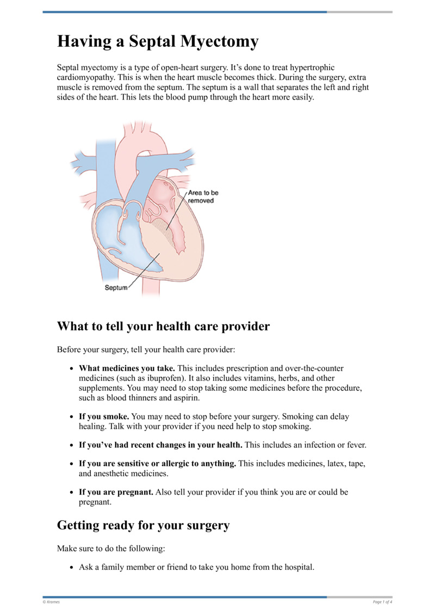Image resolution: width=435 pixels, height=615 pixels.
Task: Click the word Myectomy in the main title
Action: click(218, 42)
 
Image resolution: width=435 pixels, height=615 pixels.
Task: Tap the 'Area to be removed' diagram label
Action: click(203, 196)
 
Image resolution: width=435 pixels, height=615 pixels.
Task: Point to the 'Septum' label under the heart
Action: click(115, 288)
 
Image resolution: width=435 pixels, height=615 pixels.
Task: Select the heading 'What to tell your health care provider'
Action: click(163, 327)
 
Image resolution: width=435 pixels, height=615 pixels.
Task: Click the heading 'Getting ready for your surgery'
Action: click(144, 525)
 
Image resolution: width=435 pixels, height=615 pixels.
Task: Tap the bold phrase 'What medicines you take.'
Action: click(127, 368)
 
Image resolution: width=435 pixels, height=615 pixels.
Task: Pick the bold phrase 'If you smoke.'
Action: click(104, 416)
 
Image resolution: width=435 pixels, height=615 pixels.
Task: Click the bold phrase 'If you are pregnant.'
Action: click(116, 492)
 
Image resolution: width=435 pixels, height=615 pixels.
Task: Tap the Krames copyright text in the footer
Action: click(52, 601)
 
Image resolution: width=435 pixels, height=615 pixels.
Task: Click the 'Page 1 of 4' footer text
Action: click(382, 601)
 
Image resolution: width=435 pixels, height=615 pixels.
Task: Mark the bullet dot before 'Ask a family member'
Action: click(72, 567)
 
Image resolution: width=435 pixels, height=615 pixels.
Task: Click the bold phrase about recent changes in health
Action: click(160, 445)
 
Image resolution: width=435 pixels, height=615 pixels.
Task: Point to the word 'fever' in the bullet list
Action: click(354, 445)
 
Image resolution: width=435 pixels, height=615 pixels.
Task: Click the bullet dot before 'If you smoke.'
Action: click(72, 417)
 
